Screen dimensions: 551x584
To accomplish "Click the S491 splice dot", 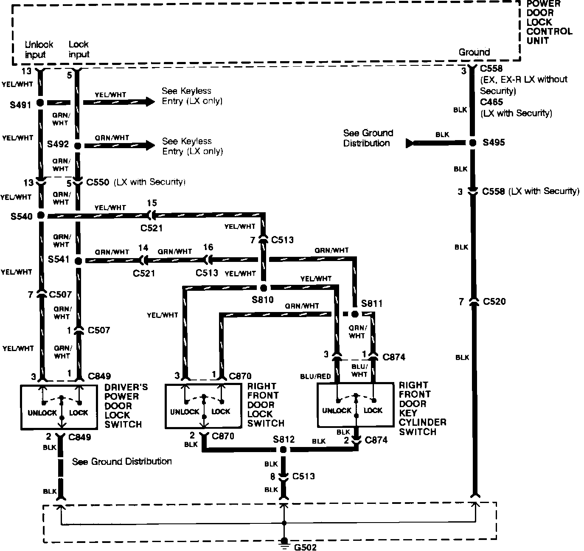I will pos(40,103).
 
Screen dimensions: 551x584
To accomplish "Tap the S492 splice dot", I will pos(78,145).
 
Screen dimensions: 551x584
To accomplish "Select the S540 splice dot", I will pos(40,216).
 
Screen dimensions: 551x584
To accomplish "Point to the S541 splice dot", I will pos(78,260).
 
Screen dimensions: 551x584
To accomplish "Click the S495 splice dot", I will pos(473,143).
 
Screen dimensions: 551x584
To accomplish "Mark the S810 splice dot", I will pos(263,287).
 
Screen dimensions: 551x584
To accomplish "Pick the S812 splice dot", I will pos(284,450).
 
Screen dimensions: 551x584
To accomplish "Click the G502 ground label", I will pos(305,547).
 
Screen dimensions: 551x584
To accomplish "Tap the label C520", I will pos(494,302).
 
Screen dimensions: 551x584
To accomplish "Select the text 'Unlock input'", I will pos(39,49).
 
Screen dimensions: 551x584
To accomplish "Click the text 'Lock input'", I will pos(79,49).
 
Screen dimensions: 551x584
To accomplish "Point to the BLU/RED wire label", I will pos(315,376).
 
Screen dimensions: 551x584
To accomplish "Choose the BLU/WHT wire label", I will pos(359,370).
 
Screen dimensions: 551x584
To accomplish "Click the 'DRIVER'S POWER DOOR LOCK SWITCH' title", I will pos(126,405).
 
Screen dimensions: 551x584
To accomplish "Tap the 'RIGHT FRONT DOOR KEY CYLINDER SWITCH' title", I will pos(422,408).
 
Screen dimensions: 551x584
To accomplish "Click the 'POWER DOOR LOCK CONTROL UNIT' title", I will pos(549,22).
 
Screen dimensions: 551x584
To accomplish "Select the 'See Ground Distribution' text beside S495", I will pos(368,138).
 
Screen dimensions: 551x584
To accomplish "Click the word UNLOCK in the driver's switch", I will pos(42,413).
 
